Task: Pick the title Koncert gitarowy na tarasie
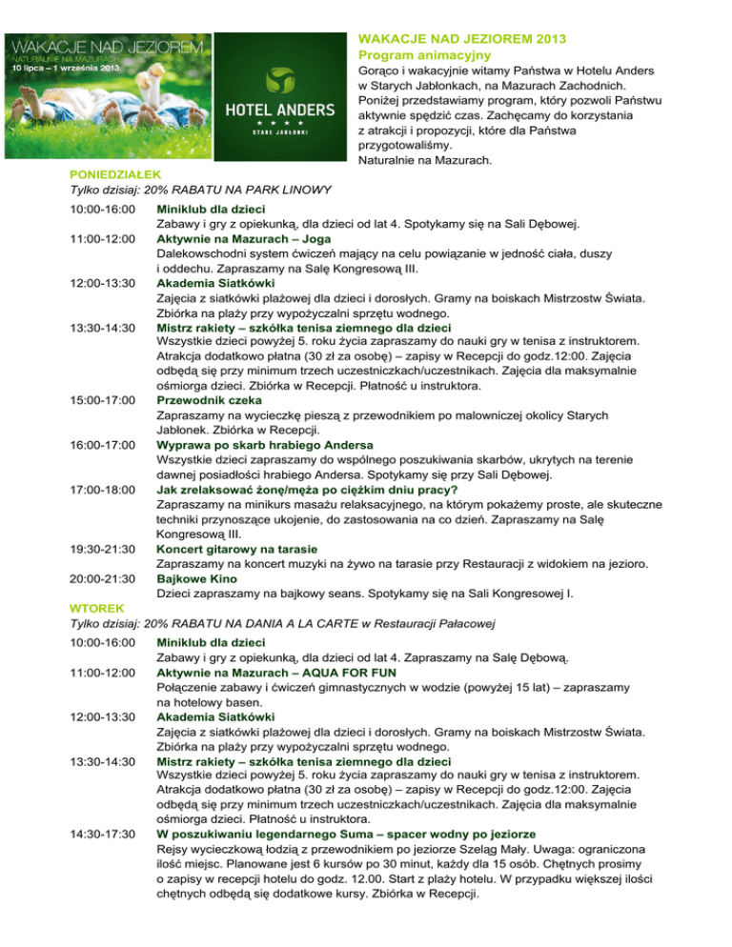pos(238,549)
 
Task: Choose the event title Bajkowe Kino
pos(196,578)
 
